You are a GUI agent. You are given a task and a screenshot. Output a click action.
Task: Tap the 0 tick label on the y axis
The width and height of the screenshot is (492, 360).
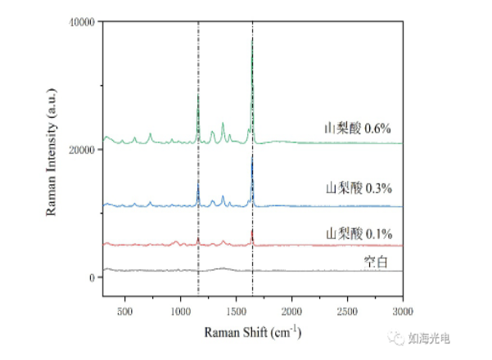(93, 277)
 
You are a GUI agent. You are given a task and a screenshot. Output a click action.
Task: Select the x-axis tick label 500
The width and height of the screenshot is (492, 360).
(124, 313)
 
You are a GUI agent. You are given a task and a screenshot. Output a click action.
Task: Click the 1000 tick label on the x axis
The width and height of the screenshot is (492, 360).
(180, 313)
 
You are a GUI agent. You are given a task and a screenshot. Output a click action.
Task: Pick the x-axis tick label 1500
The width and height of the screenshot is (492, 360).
(236, 313)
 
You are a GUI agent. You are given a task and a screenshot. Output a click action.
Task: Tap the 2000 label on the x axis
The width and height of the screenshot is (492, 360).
(291, 313)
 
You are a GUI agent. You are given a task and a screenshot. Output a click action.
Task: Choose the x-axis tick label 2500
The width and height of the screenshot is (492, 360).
(347, 313)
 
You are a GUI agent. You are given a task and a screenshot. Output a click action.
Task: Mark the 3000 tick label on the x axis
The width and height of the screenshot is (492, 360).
(402, 313)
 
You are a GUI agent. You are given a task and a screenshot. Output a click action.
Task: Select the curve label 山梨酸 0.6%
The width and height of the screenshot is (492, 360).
(358, 128)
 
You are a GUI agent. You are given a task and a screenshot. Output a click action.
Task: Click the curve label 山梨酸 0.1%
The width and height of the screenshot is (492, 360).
(358, 232)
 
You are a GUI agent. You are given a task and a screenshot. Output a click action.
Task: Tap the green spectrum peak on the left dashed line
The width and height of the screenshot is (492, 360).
(198, 97)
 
